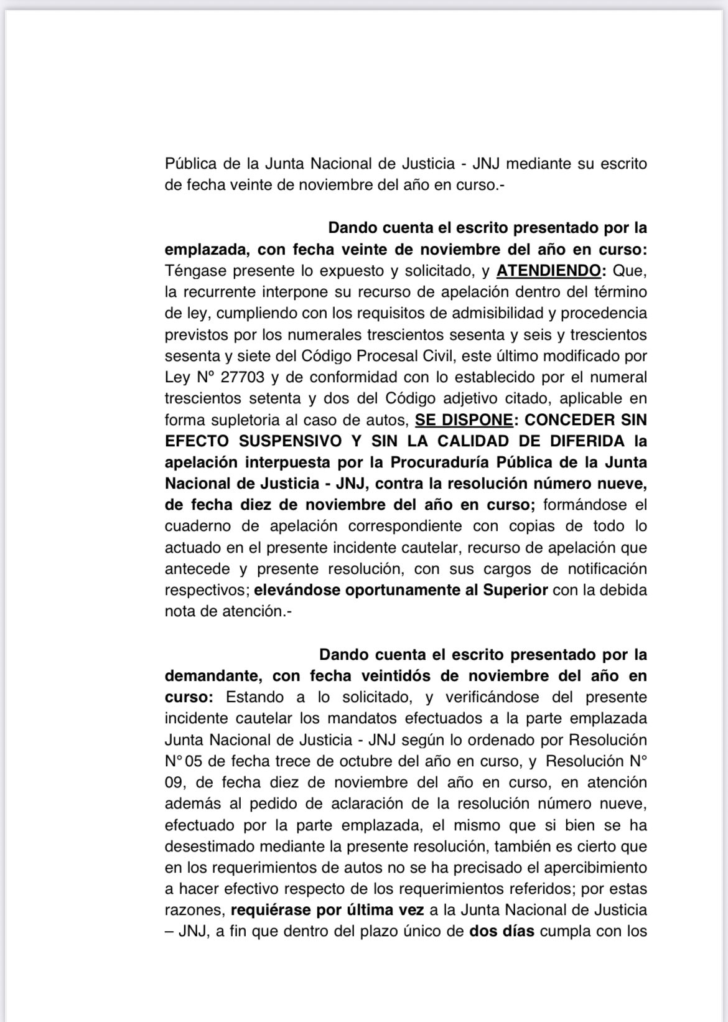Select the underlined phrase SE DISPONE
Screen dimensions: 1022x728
click(464, 420)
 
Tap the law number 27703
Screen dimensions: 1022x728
click(239, 377)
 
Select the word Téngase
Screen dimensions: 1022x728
click(194, 271)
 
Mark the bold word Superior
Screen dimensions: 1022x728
click(515, 590)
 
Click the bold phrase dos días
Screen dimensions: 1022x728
click(502, 932)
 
